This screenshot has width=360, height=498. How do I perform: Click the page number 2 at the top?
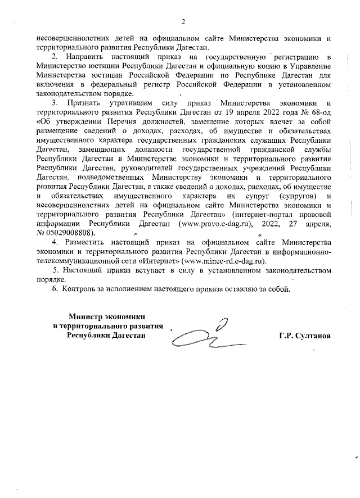click(183, 22)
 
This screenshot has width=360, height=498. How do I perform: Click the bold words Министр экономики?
click(107, 316)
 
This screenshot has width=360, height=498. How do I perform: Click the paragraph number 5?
click(55, 270)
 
